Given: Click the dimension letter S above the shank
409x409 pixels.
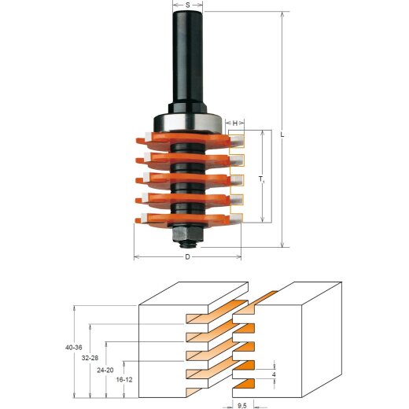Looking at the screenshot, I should (x=188, y=6).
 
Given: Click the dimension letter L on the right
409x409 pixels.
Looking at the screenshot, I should (x=282, y=133).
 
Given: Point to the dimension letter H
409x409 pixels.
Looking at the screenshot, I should (x=234, y=123).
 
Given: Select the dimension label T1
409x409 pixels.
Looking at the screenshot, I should (x=260, y=181).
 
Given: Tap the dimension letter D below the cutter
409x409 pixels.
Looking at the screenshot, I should (x=187, y=257).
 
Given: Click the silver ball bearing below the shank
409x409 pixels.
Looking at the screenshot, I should (x=188, y=123).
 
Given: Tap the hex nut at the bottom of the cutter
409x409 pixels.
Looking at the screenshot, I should (x=187, y=234).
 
